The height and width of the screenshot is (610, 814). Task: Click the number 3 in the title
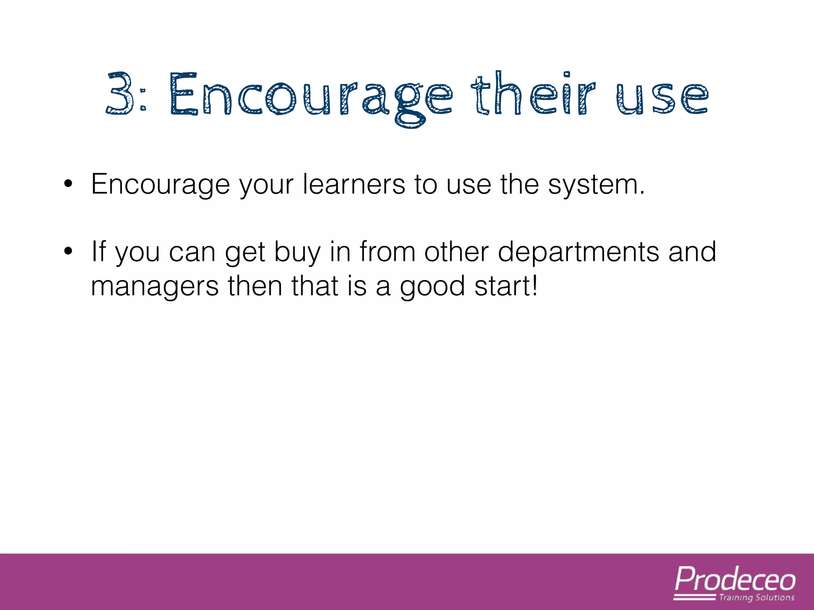pyautogui.click(x=120, y=94)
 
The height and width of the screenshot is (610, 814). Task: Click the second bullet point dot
pyautogui.click(x=68, y=251)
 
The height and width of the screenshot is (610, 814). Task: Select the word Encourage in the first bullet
pyautogui.click(x=160, y=185)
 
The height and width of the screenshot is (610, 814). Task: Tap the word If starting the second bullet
pyautogui.click(x=99, y=251)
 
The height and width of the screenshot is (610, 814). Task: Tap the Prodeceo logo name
pyautogui.click(x=735, y=580)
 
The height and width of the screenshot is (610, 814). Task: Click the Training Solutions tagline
pyautogui.click(x=756, y=598)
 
